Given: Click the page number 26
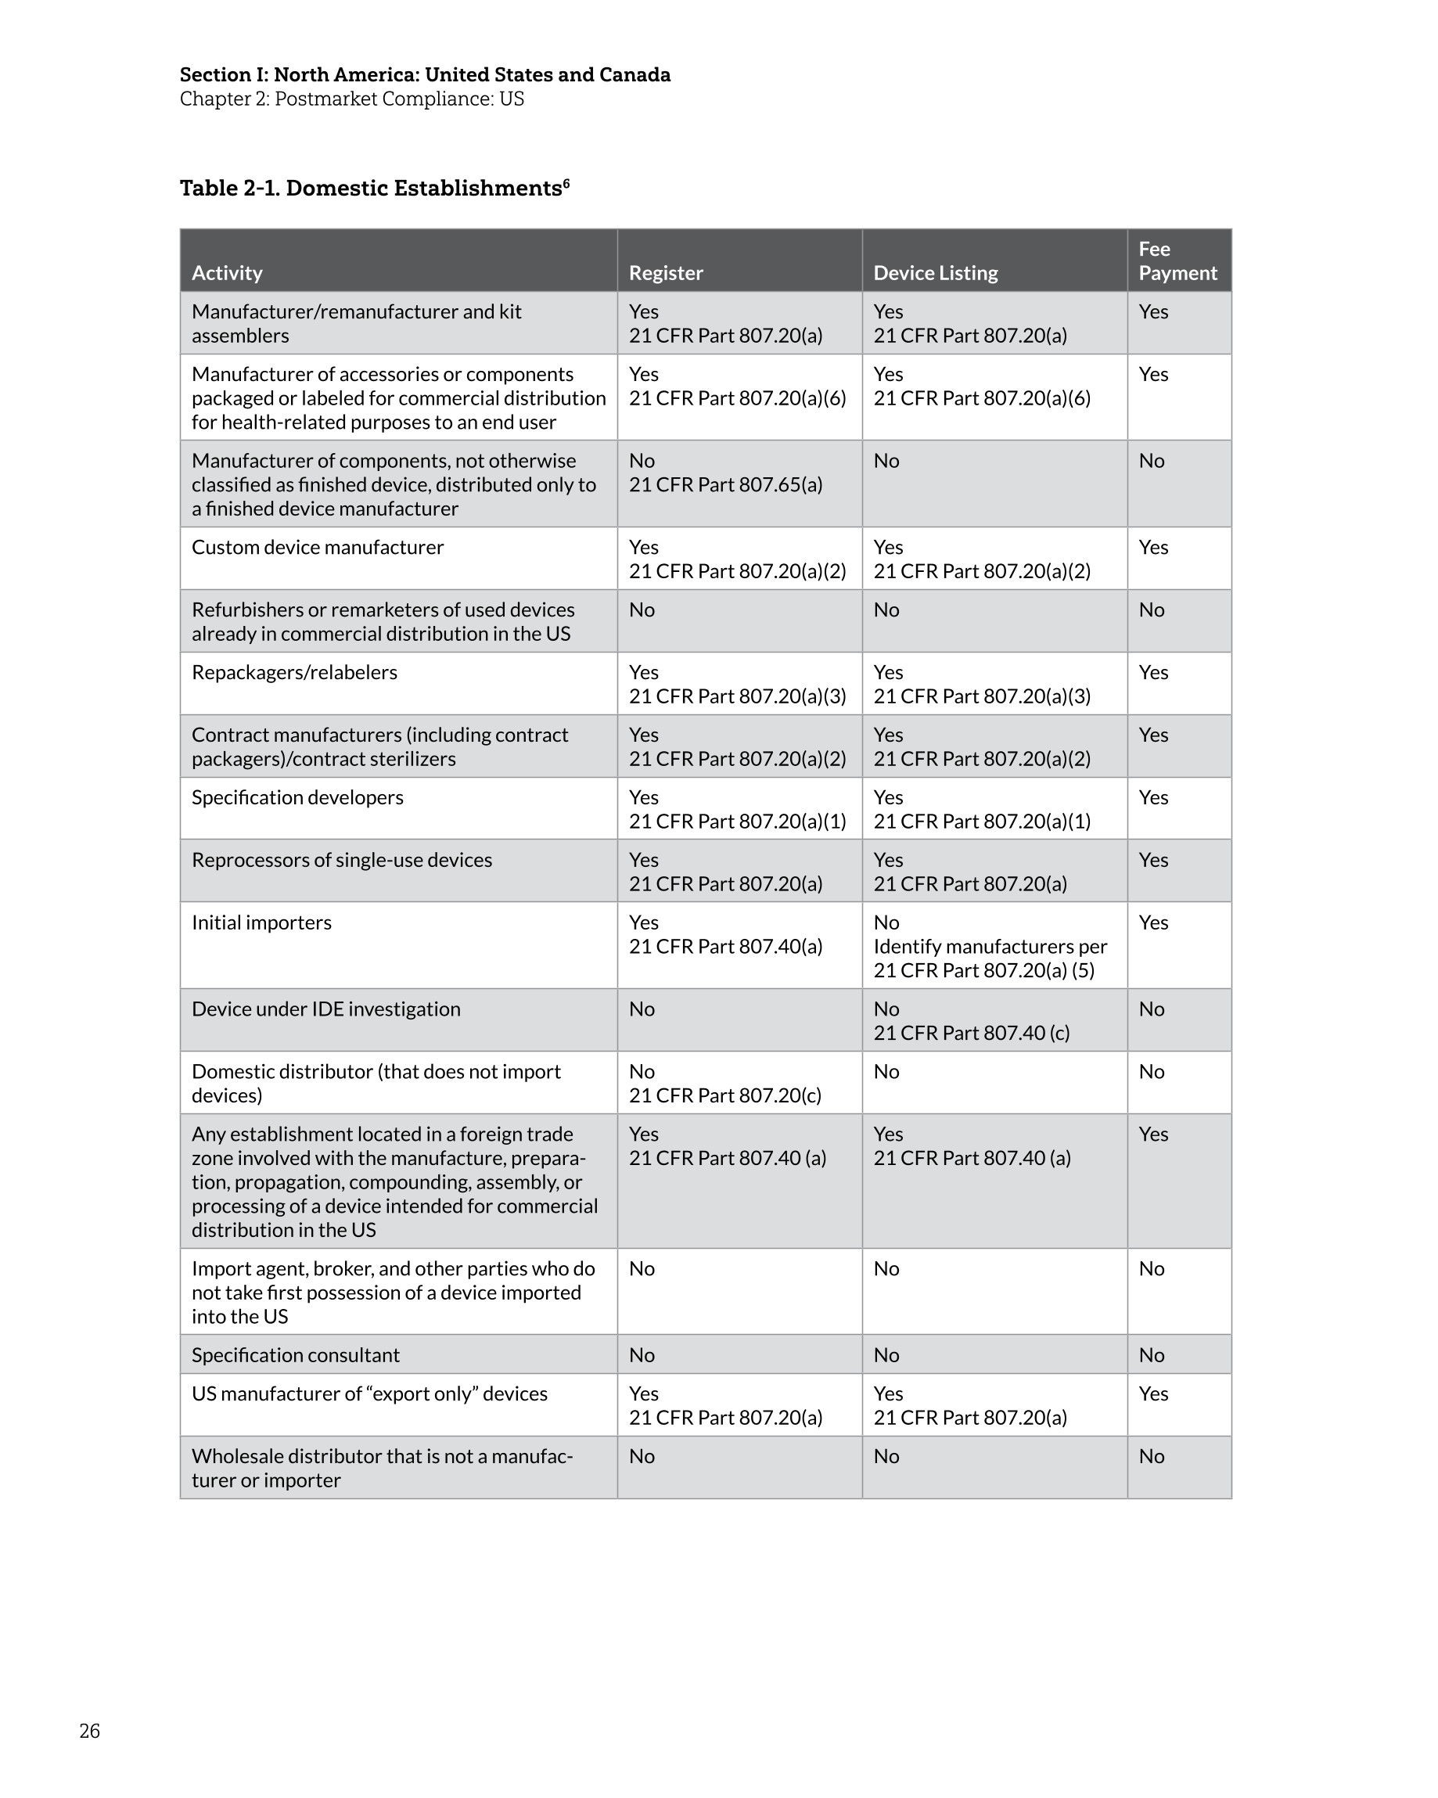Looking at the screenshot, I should click(89, 1731).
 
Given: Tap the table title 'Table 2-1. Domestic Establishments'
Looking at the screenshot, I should click(370, 189).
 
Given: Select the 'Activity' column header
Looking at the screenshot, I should click(227, 273).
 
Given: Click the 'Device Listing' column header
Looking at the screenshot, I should click(935, 273).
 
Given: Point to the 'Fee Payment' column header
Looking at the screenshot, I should click(1177, 261).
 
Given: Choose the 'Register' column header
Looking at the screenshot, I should click(666, 273).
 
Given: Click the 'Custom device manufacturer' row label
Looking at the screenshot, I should click(318, 547).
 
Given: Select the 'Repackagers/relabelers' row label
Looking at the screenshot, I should click(294, 672).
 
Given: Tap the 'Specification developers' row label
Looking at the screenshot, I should click(298, 797).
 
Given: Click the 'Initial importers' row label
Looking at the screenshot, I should click(262, 922).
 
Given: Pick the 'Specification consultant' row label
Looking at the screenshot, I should click(296, 1355).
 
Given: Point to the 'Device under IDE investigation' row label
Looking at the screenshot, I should click(326, 1009).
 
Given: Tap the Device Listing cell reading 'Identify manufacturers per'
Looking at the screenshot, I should click(990, 947).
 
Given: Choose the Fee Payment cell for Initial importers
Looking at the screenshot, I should click(1153, 922).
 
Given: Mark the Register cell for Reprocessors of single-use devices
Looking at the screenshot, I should click(724, 872).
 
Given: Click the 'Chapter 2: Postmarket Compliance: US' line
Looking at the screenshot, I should click(352, 99).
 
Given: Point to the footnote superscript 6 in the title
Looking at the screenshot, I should click(566, 182).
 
